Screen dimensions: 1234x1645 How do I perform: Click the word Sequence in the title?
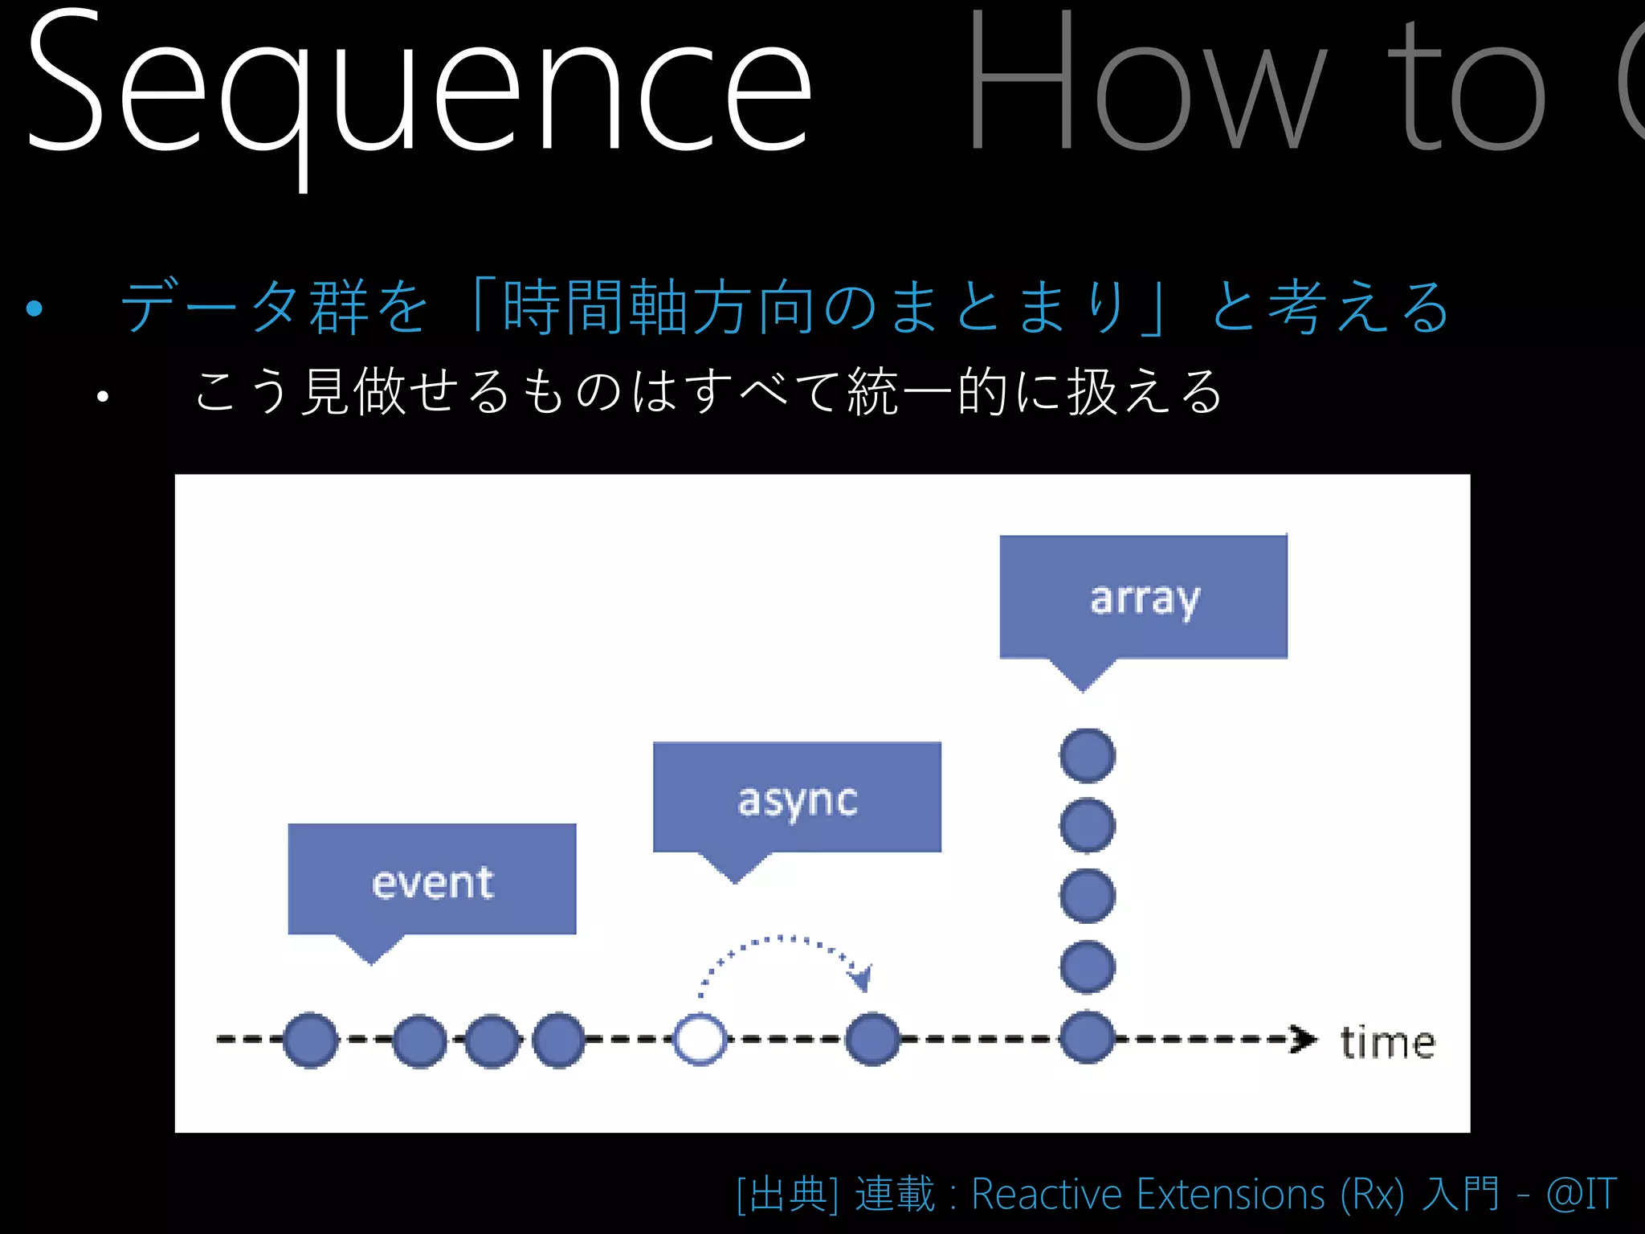[418, 88]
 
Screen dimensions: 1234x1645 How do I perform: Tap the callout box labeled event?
[432, 880]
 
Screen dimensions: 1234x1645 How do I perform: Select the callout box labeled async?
[797, 797]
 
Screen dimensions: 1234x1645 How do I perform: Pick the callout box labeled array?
[1143, 597]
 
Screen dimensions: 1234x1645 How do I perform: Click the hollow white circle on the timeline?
[700, 1040]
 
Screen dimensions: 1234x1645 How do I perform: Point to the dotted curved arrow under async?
[783, 948]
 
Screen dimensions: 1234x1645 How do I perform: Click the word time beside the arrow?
[1387, 1043]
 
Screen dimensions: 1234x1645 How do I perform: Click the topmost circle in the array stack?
[1087, 755]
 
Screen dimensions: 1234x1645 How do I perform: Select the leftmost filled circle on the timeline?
[310, 1040]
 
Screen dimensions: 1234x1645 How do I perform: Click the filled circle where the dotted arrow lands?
[873, 1040]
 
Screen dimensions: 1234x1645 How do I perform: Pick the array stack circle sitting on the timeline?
[1087, 1038]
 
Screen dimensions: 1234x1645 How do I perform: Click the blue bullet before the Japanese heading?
[34, 308]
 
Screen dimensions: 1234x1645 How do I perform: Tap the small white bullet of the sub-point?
[102, 396]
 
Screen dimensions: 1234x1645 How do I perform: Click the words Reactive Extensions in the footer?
[1148, 1194]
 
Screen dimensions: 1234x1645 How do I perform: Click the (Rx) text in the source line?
[1371, 1194]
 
